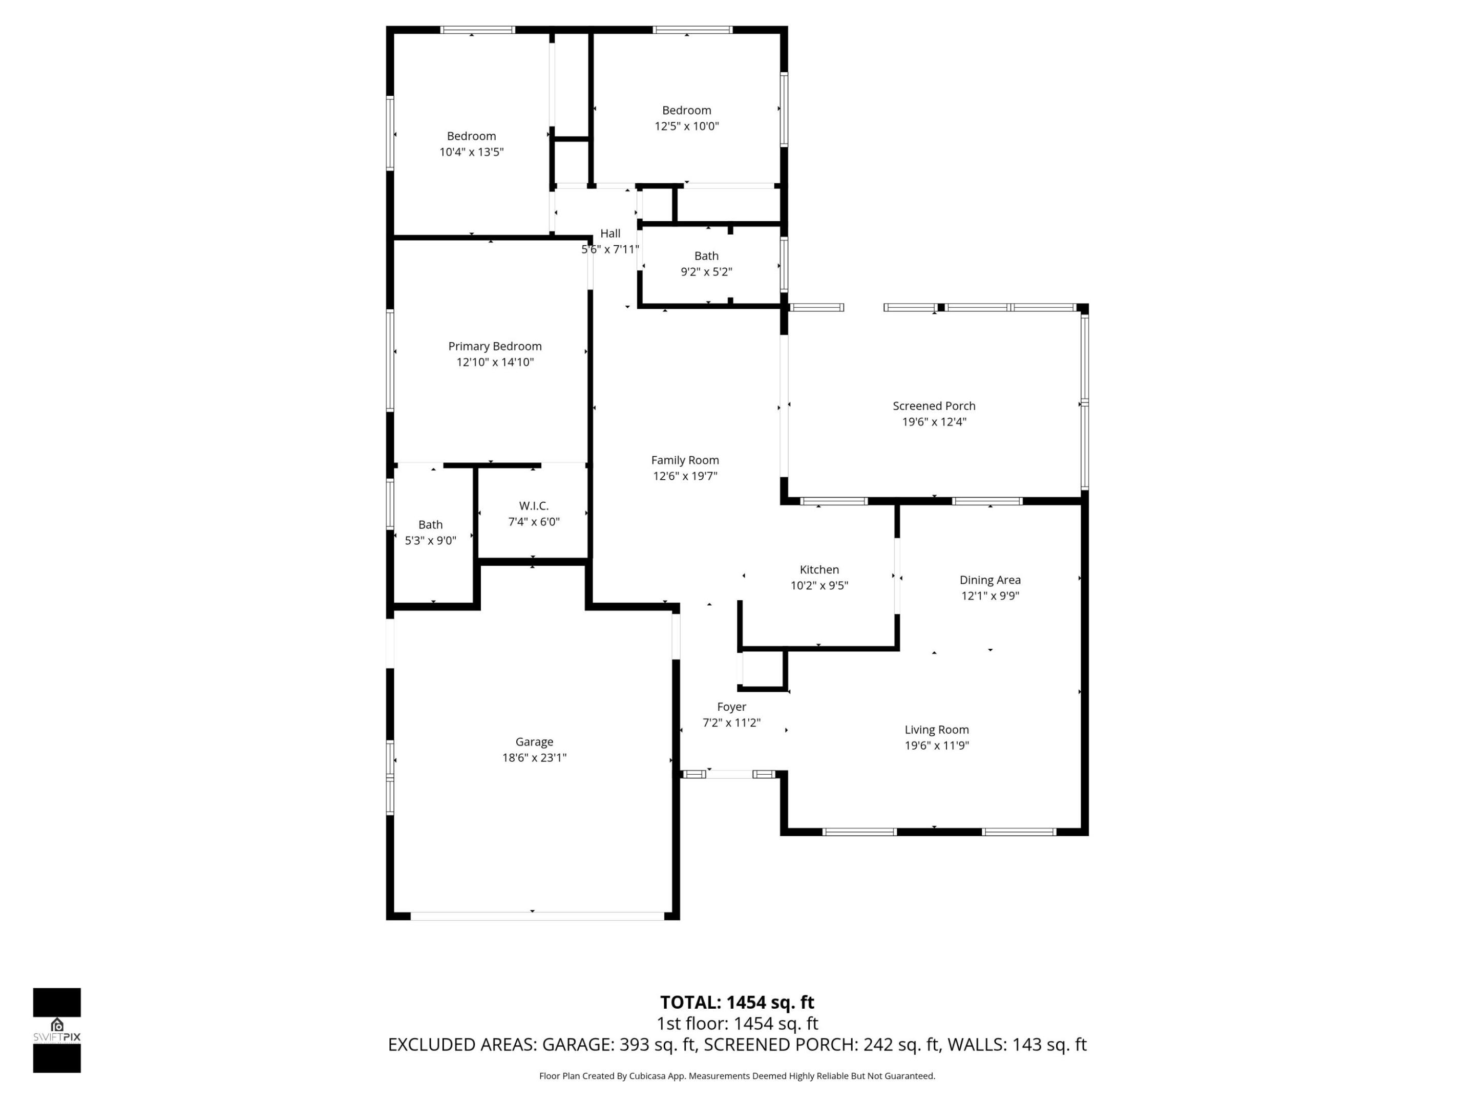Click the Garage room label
(534, 741)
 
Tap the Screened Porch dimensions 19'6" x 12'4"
(934, 422)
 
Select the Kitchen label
(819, 569)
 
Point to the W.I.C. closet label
(534, 506)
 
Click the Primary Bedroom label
(494, 346)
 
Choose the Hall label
(609, 233)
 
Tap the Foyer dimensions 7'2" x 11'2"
(731, 722)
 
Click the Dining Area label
(989, 580)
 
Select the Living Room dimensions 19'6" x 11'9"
(936, 746)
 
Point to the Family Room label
(685, 460)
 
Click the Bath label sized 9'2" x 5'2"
(706, 256)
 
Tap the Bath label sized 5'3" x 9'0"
(430, 525)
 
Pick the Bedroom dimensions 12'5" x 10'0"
(686, 126)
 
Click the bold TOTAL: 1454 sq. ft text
(737, 1003)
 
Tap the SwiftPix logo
(57, 1030)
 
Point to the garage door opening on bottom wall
(537, 916)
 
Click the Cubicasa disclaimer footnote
(737, 1076)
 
